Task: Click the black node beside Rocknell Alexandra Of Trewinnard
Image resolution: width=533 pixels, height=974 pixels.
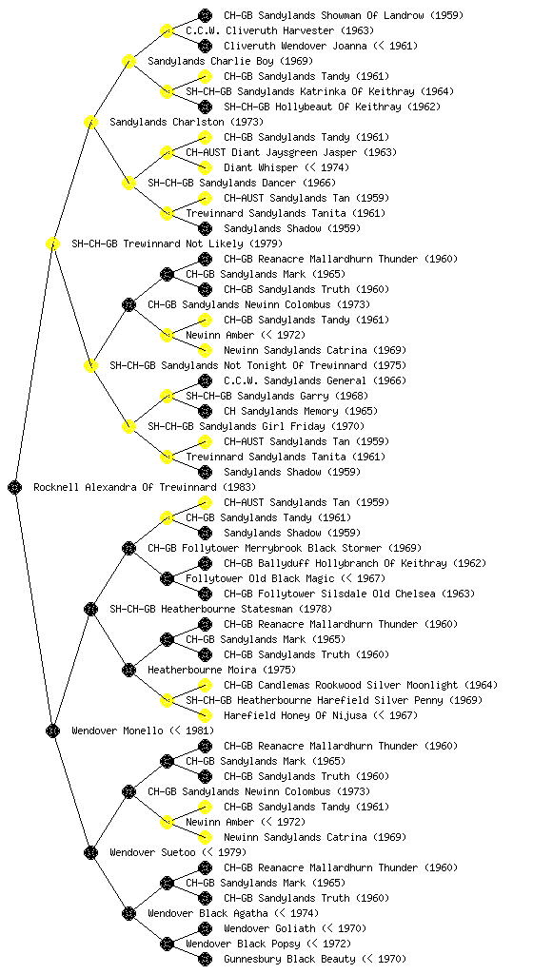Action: point(15,487)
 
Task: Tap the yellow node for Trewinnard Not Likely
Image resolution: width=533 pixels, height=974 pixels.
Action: point(52,243)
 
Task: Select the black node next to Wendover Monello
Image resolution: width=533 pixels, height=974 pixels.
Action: point(52,730)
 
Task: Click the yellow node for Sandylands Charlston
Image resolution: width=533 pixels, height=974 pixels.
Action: point(90,122)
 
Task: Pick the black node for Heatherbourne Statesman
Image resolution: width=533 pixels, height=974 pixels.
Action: point(90,609)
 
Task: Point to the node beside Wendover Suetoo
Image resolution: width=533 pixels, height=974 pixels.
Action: point(90,852)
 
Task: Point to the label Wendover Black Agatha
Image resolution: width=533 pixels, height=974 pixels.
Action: point(208,913)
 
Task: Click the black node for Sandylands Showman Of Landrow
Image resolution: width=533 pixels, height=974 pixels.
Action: point(205,15)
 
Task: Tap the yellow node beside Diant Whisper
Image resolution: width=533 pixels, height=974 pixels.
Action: point(205,167)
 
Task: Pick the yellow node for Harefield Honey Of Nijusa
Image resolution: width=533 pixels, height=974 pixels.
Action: point(205,715)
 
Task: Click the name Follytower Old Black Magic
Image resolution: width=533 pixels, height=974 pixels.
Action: point(260,578)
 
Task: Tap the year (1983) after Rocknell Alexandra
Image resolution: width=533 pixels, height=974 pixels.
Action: point(239,487)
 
